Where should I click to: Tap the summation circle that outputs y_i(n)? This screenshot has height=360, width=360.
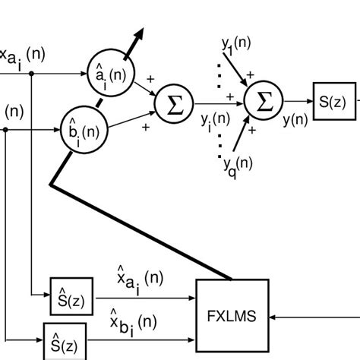click(x=174, y=103)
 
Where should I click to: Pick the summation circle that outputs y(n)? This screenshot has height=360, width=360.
click(x=264, y=103)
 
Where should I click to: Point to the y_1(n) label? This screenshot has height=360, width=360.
click(x=237, y=46)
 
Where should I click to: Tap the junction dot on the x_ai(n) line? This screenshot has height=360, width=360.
click(x=31, y=74)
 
